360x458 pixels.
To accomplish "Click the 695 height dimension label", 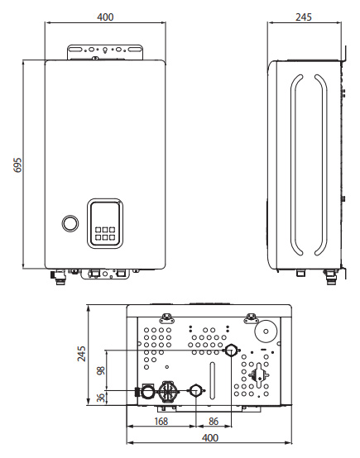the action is click(18, 165).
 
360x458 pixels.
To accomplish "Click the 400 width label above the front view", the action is click(105, 17).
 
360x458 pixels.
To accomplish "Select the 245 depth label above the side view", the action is click(304, 17).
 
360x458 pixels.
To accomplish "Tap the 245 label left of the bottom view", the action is click(82, 354).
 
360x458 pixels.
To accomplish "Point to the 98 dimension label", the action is click(101, 371).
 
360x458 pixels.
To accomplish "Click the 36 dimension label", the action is click(101, 398).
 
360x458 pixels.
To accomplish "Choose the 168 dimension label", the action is click(161, 421).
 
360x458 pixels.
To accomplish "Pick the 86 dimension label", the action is click(214, 421).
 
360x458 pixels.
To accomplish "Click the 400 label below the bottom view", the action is click(210, 438).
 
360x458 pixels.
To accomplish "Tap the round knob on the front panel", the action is click(70, 223).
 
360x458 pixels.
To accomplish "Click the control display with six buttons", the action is click(105, 223).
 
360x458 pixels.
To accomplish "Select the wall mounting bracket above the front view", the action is click(105, 53).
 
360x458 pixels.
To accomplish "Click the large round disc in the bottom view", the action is click(266, 332).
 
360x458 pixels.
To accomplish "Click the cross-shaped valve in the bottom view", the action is click(259, 375).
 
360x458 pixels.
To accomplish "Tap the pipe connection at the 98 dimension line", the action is click(231, 350).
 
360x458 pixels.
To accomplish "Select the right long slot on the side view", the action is click(320, 165).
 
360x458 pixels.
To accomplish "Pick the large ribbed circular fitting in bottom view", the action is click(168, 391).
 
